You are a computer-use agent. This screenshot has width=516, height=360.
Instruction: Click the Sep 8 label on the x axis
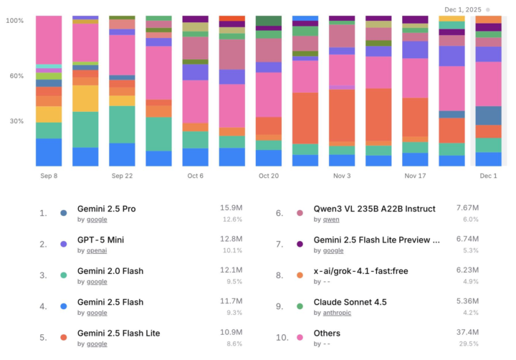[x=49, y=176]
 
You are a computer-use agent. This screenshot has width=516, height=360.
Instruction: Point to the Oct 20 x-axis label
[x=268, y=176]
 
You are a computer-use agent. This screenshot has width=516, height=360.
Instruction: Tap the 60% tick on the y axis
[x=15, y=76]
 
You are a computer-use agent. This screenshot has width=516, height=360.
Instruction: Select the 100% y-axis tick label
[x=15, y=21]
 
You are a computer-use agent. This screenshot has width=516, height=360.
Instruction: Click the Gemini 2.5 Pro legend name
[x=107, y=209]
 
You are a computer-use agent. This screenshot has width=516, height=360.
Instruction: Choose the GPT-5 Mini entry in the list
[x=101, y=240]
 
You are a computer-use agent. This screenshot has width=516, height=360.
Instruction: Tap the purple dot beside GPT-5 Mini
[x=64, y=245]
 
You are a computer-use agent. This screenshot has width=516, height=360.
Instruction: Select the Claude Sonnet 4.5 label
[x=350, y=302]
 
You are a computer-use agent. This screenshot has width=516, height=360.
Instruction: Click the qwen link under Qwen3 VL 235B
[x=330, y=219]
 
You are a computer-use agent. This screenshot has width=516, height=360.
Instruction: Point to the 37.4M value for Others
[x=467, y=333]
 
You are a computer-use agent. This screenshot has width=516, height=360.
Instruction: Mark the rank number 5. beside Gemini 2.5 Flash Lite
[x=43, y=338]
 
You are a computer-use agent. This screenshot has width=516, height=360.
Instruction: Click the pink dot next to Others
[x=300, y=338]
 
